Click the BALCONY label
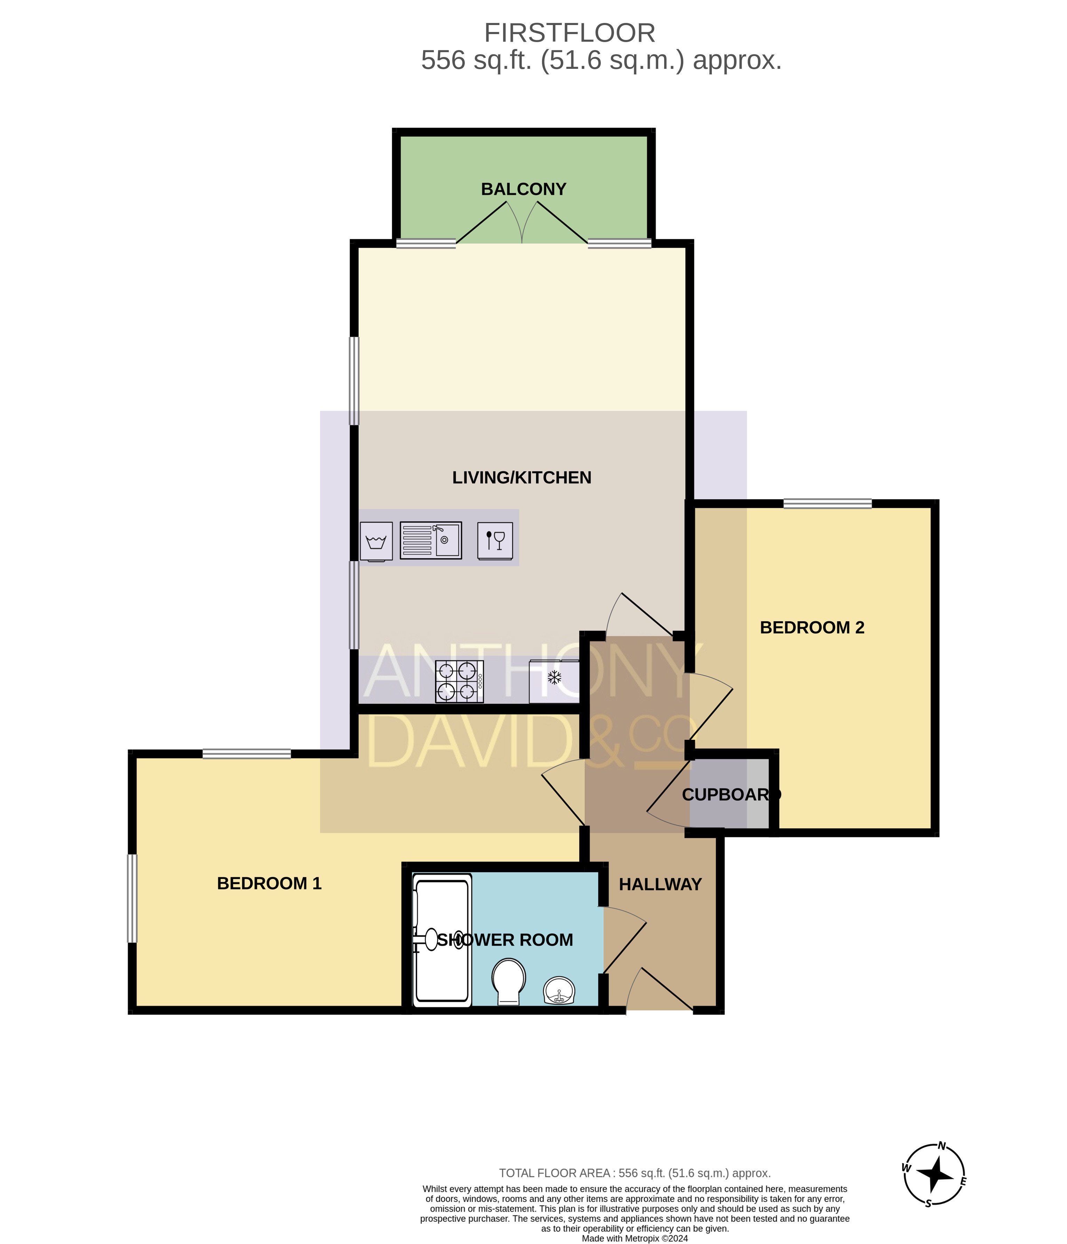tap(523, 189)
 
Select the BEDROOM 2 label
tap(812, 628)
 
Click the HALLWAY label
tap(660, 884)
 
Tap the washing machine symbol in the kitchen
tap(376, 542)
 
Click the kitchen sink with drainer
tap(431, 540)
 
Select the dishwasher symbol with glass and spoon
tap(495, 540)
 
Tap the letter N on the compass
tap(942, 1146)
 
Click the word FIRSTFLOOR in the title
tap(570, 33)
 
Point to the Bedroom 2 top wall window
tap(827, 504)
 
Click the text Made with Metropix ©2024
tap(635, 1238)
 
